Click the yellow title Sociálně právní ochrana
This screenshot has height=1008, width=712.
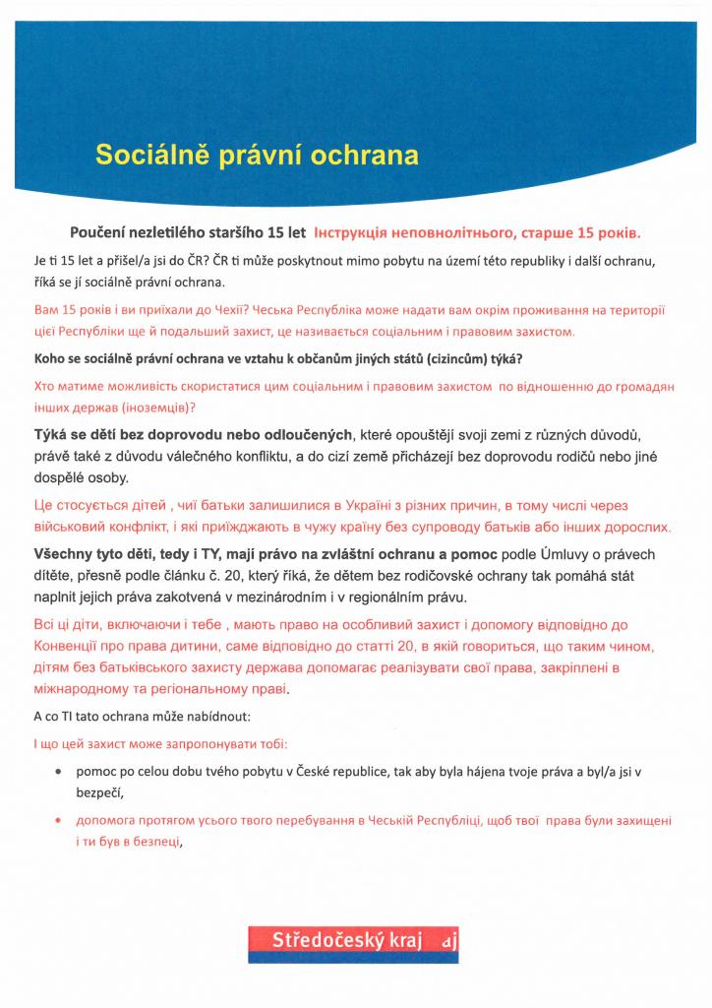[x=256, y=156]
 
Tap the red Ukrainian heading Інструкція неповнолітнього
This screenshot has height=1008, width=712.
[x=477, y=233]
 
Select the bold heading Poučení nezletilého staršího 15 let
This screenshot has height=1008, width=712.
[x=188, y=233]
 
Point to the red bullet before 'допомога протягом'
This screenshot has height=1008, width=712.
[x=61, y=820]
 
